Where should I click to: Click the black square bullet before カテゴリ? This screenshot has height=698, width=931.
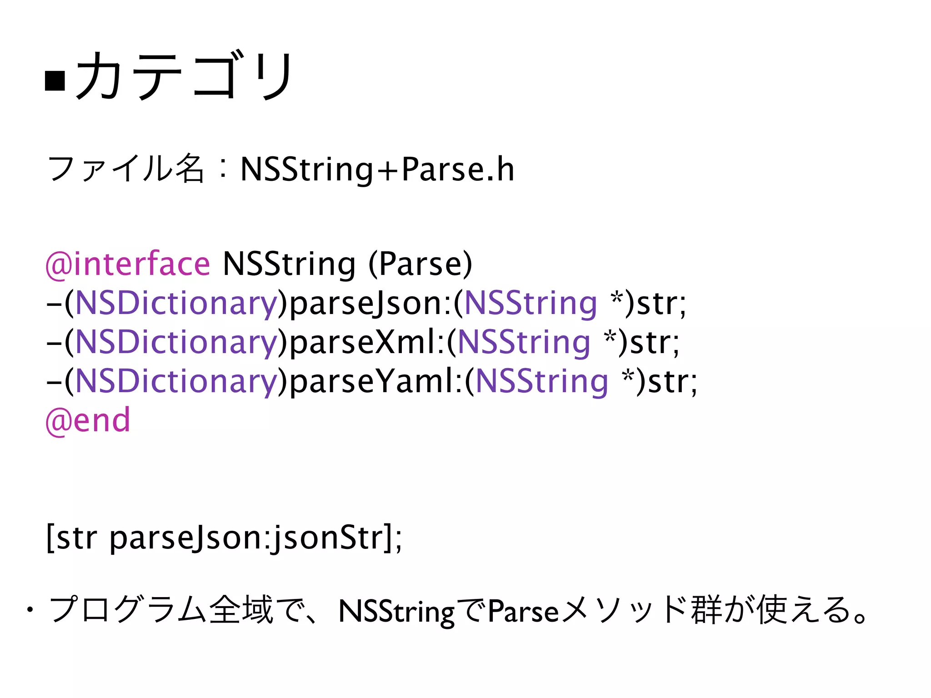coord(55,80)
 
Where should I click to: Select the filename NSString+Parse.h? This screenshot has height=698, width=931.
coord(377,169)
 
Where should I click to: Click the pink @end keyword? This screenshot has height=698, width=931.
coord(88,420)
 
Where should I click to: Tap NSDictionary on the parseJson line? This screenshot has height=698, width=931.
coord(176,303)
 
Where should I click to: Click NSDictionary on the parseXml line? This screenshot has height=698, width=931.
coord(176,342)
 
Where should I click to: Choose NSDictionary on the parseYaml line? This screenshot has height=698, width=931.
coord(176,381)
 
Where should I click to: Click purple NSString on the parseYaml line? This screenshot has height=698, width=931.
coord(541,381)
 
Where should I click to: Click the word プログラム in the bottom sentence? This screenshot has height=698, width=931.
coord(127,610)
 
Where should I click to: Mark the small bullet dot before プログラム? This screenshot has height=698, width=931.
coord(30,610)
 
